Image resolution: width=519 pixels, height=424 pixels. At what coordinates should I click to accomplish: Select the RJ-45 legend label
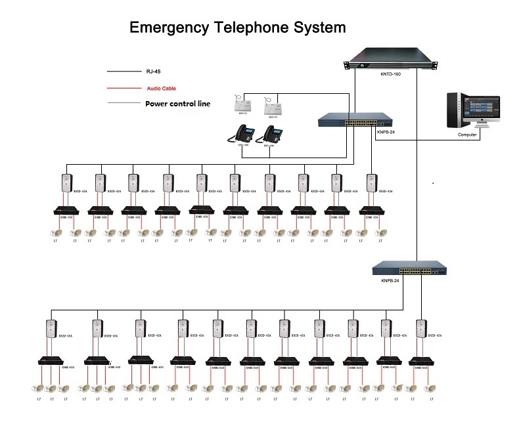[x=153, y=72]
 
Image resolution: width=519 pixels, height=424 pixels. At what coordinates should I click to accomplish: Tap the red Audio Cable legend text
[x=161, y=88]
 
